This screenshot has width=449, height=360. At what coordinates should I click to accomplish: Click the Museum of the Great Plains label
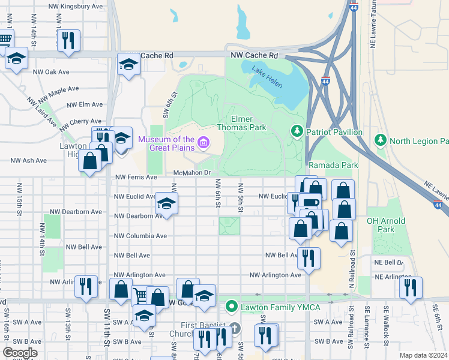(x=166, y=143)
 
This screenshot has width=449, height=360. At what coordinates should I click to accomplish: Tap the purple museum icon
(x=204, y=143)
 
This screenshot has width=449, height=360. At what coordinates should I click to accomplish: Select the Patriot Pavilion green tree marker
(x=296, y=130)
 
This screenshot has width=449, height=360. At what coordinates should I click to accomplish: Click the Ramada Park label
(x=333, y=165)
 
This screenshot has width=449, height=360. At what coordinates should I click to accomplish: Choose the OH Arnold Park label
(x=387, y=224)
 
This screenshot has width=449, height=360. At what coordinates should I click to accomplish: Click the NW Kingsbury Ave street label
(x=76, y=6)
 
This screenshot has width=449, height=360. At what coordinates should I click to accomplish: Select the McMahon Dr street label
(x=192, y=173)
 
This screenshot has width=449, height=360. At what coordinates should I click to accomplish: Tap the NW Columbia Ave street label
(x=140, y=236)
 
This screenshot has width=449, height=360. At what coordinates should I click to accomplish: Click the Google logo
(x=20, y=353)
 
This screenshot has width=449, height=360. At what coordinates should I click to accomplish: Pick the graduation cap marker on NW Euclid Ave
(x=166, y=203)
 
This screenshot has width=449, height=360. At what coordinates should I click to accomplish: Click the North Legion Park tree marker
(x=380, y=141)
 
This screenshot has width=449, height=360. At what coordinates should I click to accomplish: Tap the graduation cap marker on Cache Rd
(x=128, y=64)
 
